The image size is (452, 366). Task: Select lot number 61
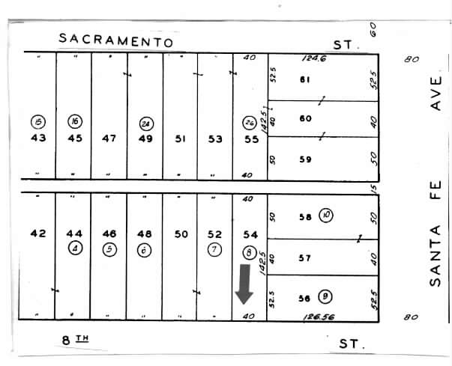pyautogui.click(x=305, y=79)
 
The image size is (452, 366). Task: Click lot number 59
pyautogui.click(x=305, y=159)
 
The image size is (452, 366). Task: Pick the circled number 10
pyautogui.click(x=326, y=216)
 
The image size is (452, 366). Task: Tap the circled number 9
pyautogui.click(x=325, y=296)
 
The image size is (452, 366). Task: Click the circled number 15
pyautogui.click(x=38, y=121)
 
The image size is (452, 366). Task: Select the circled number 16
pyautogui.click(x=74, y=121)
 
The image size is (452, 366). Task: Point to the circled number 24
pyautogui.click(x=145, y=123)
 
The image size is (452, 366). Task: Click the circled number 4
pyautogui.click(x=74, y=249)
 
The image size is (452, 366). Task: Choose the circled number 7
pyautogui.click(x=215, y=249)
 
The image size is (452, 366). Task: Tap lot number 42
pyautogui.click(x=38, y=234)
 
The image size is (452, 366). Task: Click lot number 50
pyautogui.click(x=181, y=234)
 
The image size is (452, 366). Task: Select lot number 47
pyautogui.click(x=109, y=138)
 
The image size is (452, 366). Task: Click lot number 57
pyautogui.click(x=304, y=258)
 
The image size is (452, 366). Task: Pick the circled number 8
pyautogui.click(x=250, y=251)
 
